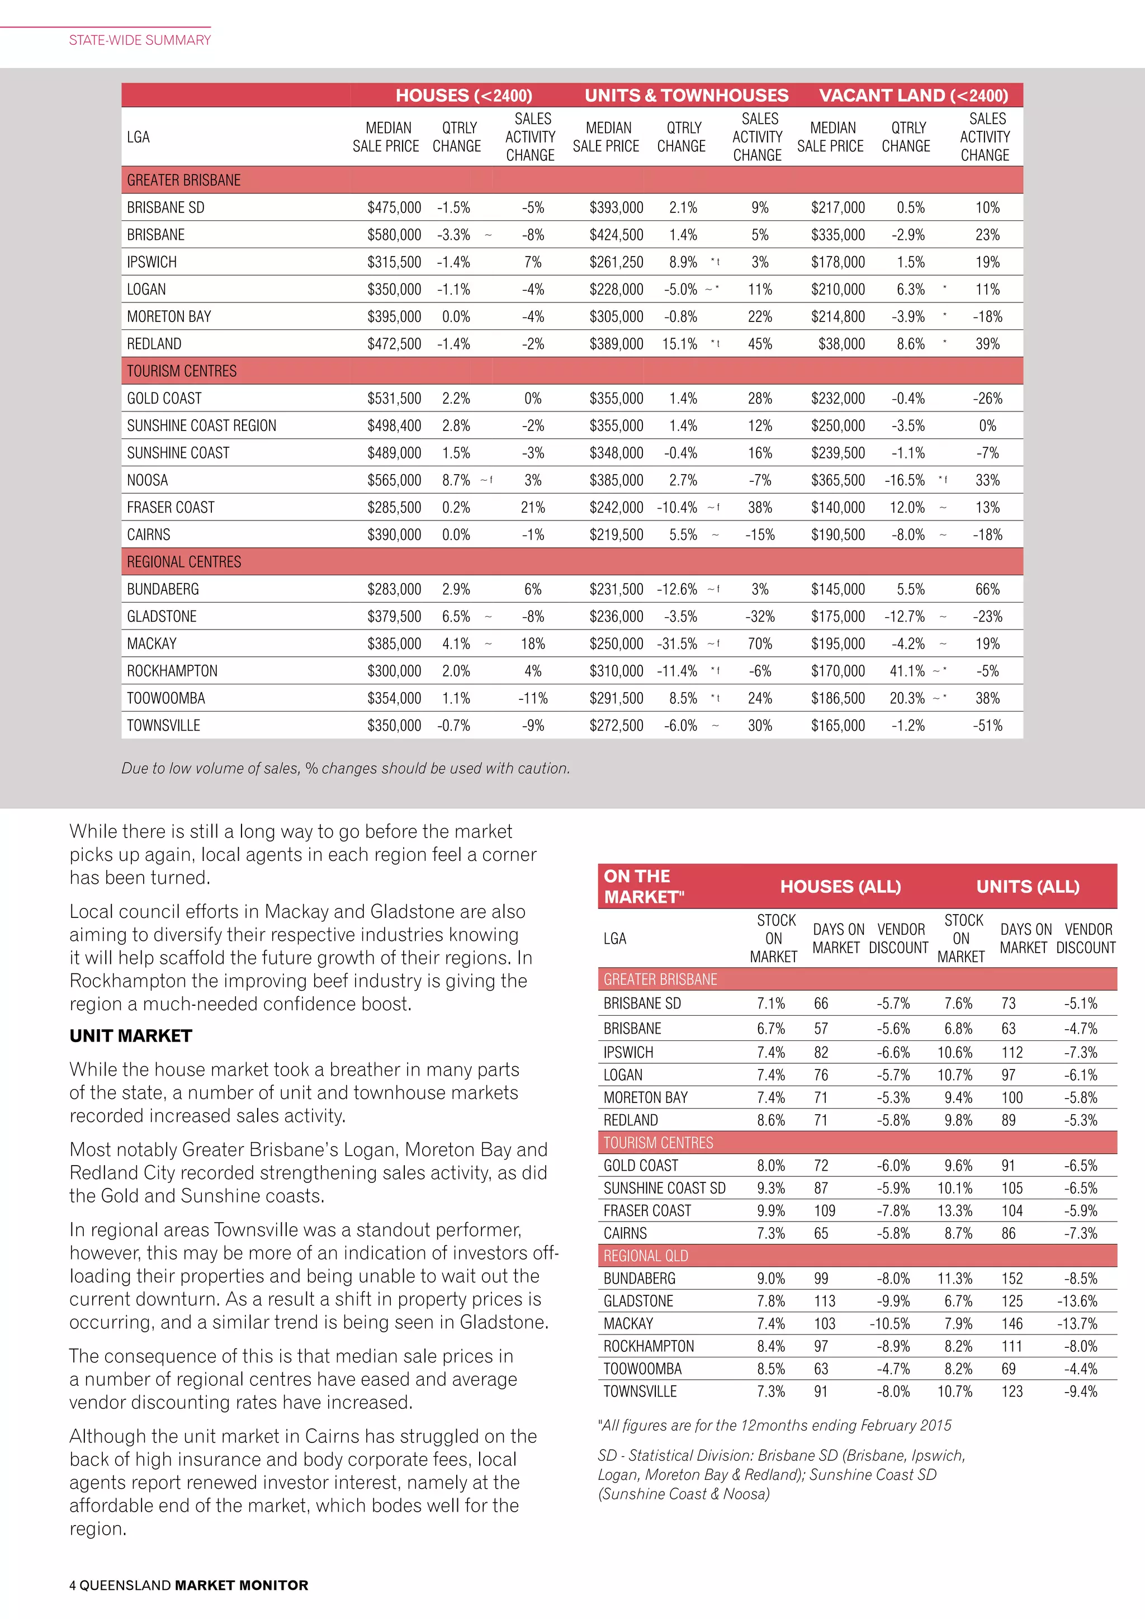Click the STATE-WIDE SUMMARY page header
[x=140, y=40]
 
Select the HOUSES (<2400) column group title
[x=463, y=95]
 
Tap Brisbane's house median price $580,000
[x=394, y=235]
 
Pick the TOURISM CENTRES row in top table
[x=182, y=371]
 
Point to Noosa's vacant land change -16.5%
[x=905, y=480]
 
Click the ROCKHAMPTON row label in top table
[x=172, y=671]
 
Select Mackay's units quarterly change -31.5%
[x=677, y=644]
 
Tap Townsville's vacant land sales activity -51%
[x=987, y=726]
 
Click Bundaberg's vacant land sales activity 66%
[x=987, y=589]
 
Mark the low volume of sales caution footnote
[x=346, y=768]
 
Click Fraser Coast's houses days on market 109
[x=824, y=1211]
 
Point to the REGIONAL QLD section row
[x=645, y=1256]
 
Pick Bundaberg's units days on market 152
[x=1012, y=1279]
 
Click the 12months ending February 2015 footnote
[x=774, y=1425]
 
